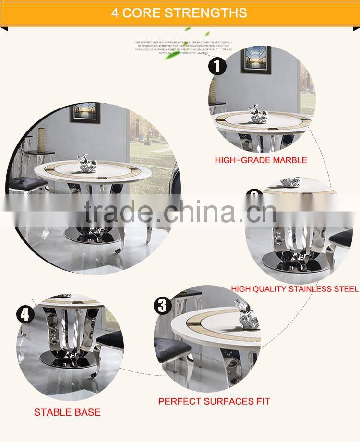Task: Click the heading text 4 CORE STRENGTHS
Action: click(180, 12)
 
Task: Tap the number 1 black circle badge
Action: click(217, 65)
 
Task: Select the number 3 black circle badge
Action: click(163, 305)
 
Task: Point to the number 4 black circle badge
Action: click(25, 315)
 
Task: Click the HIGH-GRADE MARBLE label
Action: click(261, 160)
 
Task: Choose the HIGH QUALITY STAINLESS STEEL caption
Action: click(295, 289)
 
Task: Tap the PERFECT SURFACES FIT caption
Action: click(214, 401)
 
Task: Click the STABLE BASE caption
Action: click(67, 412)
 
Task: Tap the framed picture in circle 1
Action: click(256, 60)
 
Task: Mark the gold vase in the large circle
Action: click(42, 139)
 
